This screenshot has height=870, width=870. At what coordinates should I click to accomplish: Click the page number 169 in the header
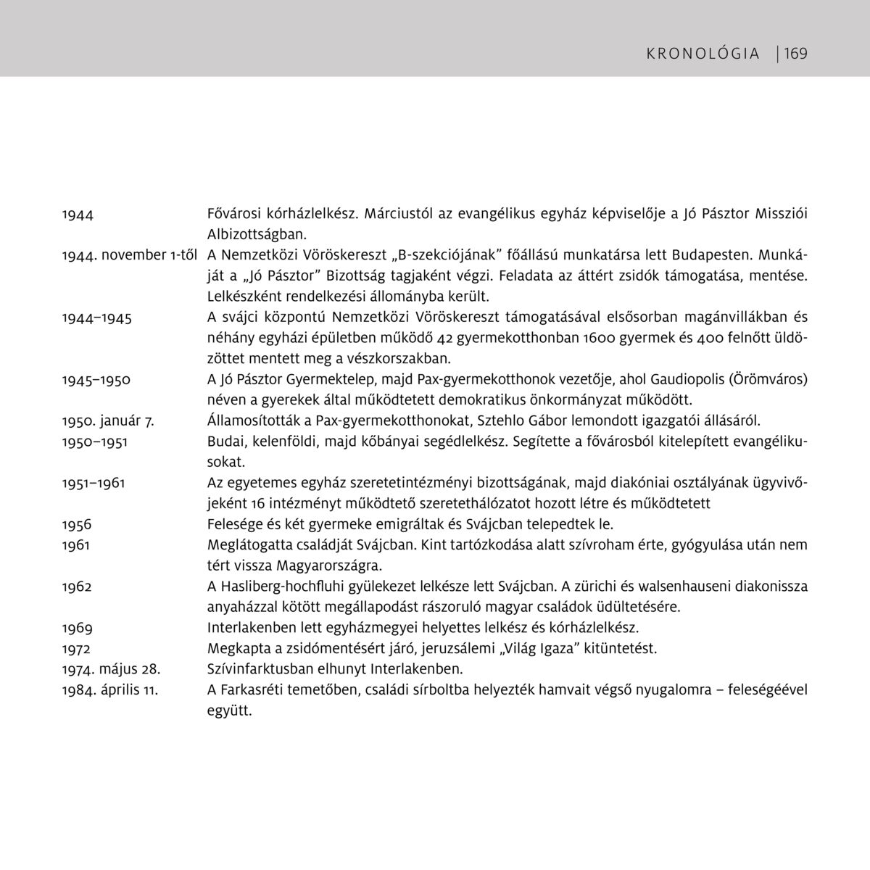(x=795, y=53)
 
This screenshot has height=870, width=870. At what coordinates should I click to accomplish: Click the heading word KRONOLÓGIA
(x=703, y=54)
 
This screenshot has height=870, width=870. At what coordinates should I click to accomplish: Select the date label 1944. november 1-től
(x=130, y=255)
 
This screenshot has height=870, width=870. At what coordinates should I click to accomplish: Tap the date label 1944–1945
(x=97, y=318)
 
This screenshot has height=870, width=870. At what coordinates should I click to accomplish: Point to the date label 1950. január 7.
(x=108, y=420)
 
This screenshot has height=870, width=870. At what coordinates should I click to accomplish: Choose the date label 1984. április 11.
(x=110, y=689)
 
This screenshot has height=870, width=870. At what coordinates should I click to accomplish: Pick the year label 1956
(x=77, y=523)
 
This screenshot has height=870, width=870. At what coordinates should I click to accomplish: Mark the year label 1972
(x=77, y=647)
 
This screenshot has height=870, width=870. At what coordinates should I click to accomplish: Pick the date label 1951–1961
(x=94, y=482)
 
